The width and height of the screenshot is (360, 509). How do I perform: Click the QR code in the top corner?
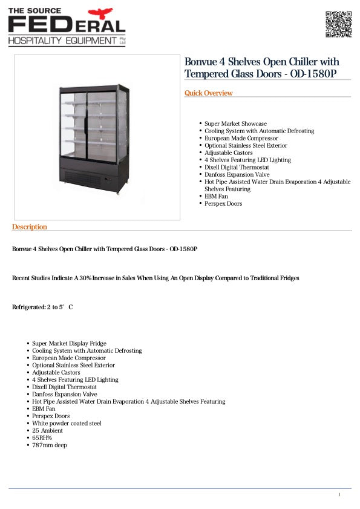(338, 24)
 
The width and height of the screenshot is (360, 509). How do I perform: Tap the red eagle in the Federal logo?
(100, 13)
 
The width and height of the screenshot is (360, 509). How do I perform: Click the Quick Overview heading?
(208, 93)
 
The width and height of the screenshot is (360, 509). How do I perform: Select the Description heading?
(29, 227)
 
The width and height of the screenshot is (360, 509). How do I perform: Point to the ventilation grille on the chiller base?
(82, 178)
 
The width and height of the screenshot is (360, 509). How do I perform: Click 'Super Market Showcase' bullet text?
(235, 124)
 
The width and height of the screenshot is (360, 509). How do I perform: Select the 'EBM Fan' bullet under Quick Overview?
(216, 197)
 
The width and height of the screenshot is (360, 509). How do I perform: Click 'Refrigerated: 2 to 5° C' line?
(42, 307)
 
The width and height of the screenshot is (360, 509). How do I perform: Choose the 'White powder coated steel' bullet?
(67, 424)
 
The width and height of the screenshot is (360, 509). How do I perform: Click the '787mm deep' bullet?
(50, 445)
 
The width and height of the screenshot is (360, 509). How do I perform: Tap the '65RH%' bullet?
(42, 438)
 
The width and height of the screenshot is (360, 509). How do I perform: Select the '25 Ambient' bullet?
(47, 431)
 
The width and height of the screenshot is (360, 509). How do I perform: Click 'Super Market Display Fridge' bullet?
(69, 344)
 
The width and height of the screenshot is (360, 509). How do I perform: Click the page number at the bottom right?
(339, 495)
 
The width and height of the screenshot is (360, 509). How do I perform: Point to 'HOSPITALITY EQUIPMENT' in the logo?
(62, 41)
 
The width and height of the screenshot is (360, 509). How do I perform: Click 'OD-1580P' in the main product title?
(314, 74)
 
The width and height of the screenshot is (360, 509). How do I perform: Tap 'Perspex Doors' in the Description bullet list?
(51, 416)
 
